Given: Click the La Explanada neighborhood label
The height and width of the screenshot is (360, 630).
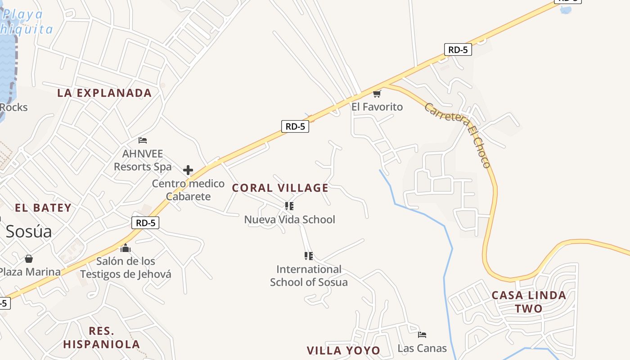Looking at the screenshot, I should [x=104, y=93].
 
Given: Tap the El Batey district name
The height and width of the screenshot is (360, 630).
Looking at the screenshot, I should [x=43, y=208].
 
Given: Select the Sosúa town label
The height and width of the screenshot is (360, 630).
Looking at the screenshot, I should [x=29, y=231].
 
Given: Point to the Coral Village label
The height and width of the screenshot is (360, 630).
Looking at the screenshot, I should [x=280, y=188].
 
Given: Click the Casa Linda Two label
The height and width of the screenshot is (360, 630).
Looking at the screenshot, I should [x=529, y=302].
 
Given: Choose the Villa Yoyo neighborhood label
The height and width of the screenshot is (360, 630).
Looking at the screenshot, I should [x=343, y=351].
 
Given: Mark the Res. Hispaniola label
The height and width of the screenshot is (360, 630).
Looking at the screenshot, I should [x=102, y=338].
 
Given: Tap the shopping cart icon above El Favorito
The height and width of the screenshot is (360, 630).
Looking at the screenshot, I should [x=377, y=94].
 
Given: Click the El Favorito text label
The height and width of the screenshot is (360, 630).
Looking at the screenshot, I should [x=377, y=107].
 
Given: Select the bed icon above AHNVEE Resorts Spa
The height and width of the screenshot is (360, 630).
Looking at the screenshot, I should [x=143, y=140].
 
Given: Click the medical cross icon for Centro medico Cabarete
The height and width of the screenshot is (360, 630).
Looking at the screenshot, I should [x=188, y=170].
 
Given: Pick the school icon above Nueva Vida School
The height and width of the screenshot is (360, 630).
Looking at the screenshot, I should [x=289, y=206].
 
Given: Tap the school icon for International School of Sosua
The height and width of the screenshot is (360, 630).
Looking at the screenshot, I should [x=309, y=256].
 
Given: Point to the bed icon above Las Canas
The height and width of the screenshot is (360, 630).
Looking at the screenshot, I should [x=422, y=335].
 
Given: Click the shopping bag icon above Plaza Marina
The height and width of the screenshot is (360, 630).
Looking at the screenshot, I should [x=29, y=259].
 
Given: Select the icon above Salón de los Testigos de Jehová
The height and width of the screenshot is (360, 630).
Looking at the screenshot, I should [x=126, y=248].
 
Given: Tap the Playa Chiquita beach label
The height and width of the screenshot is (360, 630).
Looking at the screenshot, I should [x=25, y=22].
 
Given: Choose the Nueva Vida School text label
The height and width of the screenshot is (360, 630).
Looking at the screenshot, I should [x=289, y=220].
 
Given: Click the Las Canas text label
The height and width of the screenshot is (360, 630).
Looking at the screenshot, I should [x=422, y=348].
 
